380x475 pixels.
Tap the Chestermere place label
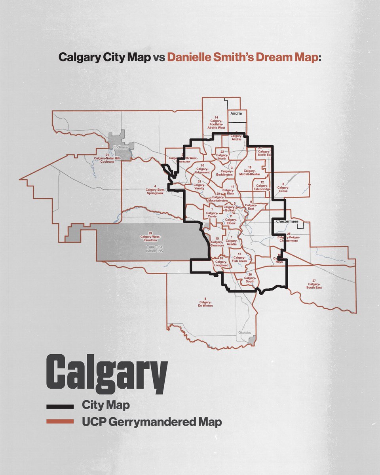(x=287, y=221)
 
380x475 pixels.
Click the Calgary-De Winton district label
(x=205, y=302)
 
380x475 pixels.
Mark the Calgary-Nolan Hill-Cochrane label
(x=107, y=157)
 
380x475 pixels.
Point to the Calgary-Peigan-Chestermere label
(x=289, y=237)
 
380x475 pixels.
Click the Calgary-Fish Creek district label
(x=239, y=258)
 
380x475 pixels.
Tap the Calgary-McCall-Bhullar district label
(x=250, y=171)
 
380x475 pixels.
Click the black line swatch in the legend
(x=60, y=406)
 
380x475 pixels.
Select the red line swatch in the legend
(x=60, y=422)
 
